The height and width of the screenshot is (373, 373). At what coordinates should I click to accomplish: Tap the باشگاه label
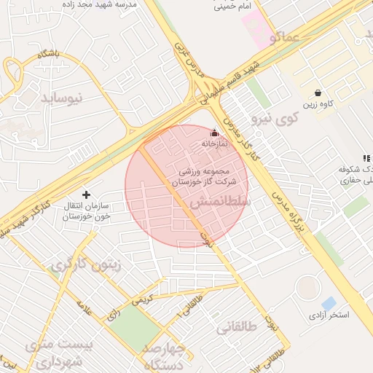(44, 55)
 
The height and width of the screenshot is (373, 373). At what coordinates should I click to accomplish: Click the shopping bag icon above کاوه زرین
(318, 93)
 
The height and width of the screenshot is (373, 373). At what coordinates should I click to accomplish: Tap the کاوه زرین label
(319, 104)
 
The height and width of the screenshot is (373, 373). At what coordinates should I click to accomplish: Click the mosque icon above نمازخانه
(214, 133)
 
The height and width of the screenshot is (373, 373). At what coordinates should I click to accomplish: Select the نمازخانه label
(214, 144)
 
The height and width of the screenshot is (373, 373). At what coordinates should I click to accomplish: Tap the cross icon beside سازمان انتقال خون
(87, 195)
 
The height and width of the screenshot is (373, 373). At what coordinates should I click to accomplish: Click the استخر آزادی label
(328, 315)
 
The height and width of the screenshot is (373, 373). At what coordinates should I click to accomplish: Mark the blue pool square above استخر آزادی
(329, 302)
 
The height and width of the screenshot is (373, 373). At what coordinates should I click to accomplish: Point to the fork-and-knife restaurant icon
(366, 158)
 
